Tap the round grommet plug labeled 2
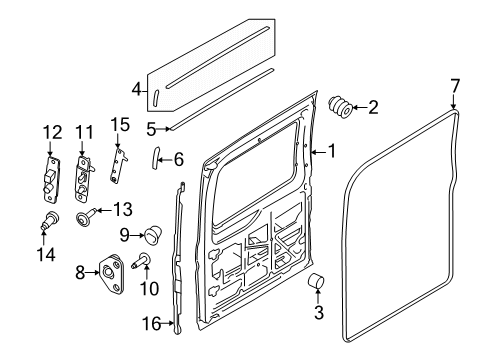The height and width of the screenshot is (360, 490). click(x=340, y=107)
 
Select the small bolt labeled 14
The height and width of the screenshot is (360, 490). click(x=49, y=222)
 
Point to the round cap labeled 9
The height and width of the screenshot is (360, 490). click(x=153, y=235)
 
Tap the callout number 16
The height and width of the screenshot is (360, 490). click(x=151, y=324)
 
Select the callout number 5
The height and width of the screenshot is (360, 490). click(x=151, y=128)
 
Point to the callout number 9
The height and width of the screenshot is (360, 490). click(x=126, y=235)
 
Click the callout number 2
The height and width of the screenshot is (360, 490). click(x=373, y=108)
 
